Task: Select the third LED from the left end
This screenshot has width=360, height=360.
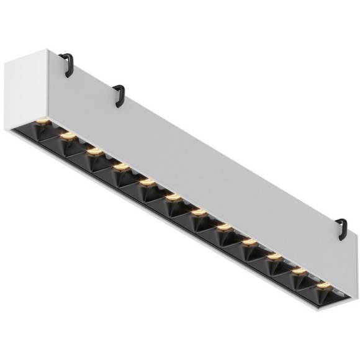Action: pos(93,150)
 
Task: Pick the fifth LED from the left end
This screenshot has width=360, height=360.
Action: pos(146,182)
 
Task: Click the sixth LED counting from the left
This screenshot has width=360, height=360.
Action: pos(172,198)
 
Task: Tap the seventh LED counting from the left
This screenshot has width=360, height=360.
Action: pos(198,214)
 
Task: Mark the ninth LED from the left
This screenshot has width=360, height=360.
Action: pos(248,242)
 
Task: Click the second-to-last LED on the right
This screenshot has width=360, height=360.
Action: pos(299,271)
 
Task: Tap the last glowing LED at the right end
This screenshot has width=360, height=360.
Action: pos(323,286)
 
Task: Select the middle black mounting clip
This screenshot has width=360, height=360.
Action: pos(119,94)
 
